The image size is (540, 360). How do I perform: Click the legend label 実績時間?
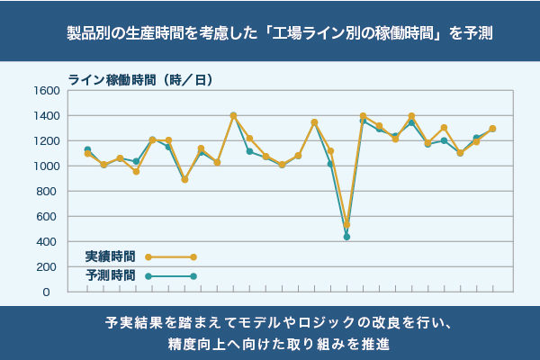coord(111,257)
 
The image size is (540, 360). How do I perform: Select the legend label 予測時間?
coord(111,275)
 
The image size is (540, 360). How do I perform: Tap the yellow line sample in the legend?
coord(171,257)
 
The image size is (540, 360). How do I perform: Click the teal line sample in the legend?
coord(171,275)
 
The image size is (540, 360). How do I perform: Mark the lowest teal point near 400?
coord(346,237)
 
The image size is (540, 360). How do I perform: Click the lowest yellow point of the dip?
coord(346,225)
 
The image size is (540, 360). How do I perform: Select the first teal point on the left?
coord(87,149)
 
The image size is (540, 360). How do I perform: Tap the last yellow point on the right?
coord(492,129)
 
